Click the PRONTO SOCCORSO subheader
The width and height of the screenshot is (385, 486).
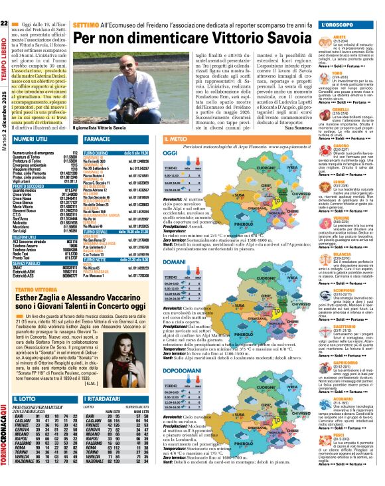tap(27, 189)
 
